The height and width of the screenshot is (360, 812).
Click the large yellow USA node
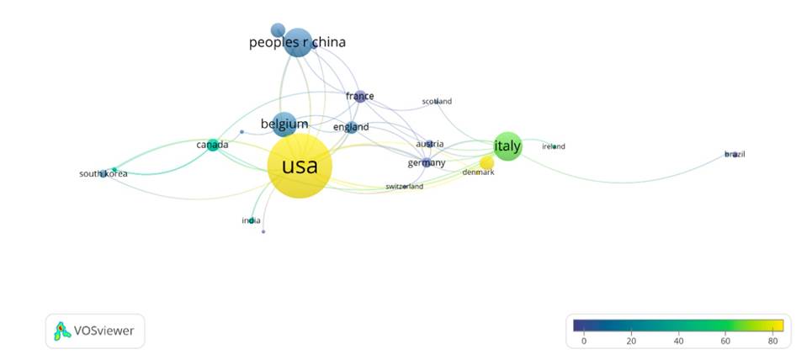pyautogui.click(x=300, y=166)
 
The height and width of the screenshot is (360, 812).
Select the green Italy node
pyautogui.click(x=507, y=146)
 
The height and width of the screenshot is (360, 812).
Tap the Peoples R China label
pyautogui.click(x=297, y=42)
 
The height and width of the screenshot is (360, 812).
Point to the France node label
pyautogui.click(x=359, y=97)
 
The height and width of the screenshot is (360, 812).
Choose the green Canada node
pyautogui.click(x=213, y=146)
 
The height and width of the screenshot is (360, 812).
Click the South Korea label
pyautogui.click(x=103, y=174)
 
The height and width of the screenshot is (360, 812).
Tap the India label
pyautogui.click(x=251, y=220)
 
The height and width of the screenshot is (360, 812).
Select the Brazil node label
pyautogui.click(x=735, y=155)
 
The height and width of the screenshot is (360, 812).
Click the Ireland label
pyautogui.click(x=553, y=146)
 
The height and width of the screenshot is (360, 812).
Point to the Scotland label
pyautogui.click(x=437, y=102)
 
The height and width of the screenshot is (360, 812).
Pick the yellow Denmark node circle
pyautogui.click(x=486, y=162)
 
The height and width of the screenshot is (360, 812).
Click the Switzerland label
pyautogui.click(x=404, y=186)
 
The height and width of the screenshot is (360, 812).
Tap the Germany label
pyautogui.click(x=426, y=162)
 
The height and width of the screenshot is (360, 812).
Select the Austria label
pyautogui.click(x=429, y=144)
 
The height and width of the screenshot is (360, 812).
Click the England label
pyautogui.click(x=351, y=127)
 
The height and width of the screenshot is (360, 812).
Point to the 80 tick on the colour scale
pyautogui.click(x=772, y=341)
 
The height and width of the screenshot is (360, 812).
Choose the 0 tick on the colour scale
pyautogui.click(x=584, y=341)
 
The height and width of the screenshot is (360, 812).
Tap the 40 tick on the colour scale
pyautogui.click(x=678, y=341)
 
